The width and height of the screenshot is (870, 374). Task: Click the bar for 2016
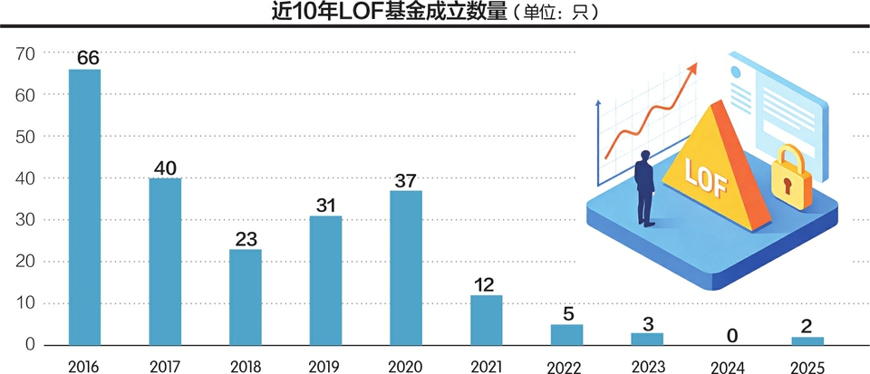[x=84, y=206]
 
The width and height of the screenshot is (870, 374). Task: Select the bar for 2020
[x=406, y=267]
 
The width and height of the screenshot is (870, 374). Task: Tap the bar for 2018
[x=245, y=297]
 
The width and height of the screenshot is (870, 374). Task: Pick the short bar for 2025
[x=807, y=340]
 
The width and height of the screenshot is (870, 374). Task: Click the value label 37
[x=406, y=179]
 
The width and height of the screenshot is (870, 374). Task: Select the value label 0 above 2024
[x=732, y=336]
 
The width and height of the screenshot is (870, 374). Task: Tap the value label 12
[x=486, y=284]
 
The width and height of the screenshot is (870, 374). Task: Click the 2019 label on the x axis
[x=325, y=364]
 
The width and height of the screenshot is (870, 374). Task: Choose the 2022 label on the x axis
[x=566, y=364]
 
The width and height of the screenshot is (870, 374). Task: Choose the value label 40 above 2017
[x=165, y=168]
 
